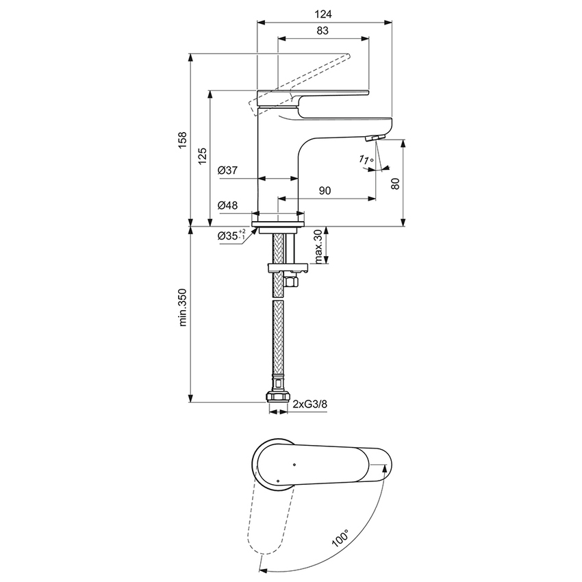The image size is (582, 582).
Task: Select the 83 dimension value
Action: (324, 30)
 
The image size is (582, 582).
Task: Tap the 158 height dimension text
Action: (181, 140)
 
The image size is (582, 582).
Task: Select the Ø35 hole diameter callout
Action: (231, 236)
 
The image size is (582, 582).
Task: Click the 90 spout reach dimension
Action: (325, 192)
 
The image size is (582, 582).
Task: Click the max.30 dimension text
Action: (318, 247)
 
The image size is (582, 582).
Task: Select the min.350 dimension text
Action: (181, 313)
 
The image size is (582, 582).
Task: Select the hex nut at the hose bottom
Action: (278, 397)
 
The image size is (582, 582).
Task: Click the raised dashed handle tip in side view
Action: (348, 57)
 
